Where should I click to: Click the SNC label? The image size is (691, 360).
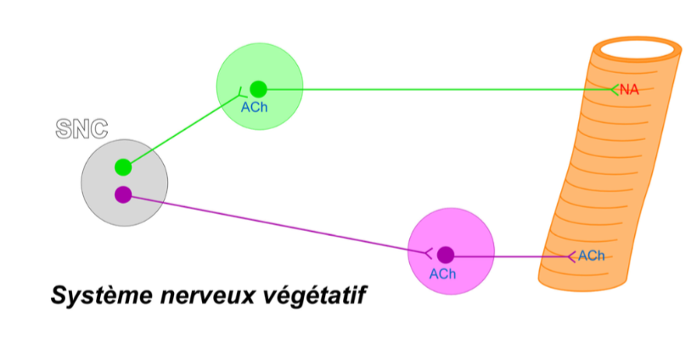click(x=81, y=129)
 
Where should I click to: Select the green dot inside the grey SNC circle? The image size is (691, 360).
click(x=123, y=166)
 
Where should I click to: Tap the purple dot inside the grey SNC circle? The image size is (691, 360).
click(x=123, y=194)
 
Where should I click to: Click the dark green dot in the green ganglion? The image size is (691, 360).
click(x=259, y=88)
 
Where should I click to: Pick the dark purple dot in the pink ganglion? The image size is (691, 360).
click(x=445, y=254)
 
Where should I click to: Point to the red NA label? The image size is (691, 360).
click(x=629, y=89)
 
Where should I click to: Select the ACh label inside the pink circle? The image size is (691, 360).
click(x=442, y=273)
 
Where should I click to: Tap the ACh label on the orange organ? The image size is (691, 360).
click(x=592, y=256)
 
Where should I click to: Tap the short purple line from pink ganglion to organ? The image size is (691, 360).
click(x=509, y=255)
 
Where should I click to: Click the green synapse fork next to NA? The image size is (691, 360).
click(x=615, y=88)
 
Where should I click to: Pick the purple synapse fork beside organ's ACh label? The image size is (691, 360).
click(x=572, y=256)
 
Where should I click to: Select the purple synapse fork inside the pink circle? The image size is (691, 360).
click(x=429, y=252)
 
